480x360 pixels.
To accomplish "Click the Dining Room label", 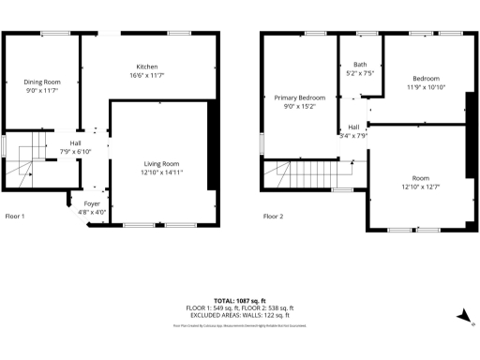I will pyautogui.click(x=41, y=82).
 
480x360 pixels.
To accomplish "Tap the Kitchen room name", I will pyautogui.click(x=147, y=67).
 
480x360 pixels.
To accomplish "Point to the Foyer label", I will pyautogui.click(x=92, y=203).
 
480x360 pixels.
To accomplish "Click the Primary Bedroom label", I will pyautogui.click(x=300, y=97).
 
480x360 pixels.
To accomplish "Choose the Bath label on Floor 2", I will pyautogui.click(x=360, y=65).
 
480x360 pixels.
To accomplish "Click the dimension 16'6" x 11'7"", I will pyautogui.click(x=147, y=75).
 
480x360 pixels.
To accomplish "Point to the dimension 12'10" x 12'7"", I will pyautogui.click(x=420, y=186).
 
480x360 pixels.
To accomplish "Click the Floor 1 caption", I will pyautogui.click(x=15, y=217).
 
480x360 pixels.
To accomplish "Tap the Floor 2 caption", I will pyautogui.click(x=273, y=217).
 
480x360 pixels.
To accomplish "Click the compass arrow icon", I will pyautogui.click(x=462, y=317).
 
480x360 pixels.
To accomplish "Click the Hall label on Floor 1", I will pyautogui.click(x=75, y=143).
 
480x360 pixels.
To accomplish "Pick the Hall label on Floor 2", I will pyautogui.click(x=353, y=127).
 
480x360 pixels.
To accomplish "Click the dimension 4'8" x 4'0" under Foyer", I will pyautogui.click(x=92, y=212).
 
